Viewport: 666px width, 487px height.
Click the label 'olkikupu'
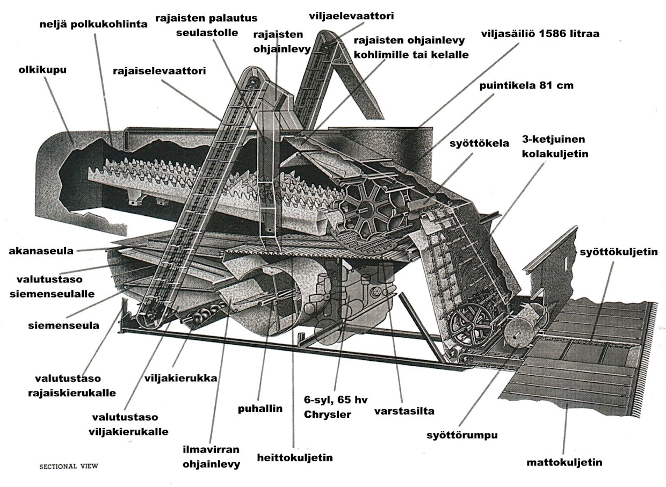[42, 70]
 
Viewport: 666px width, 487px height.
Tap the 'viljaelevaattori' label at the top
[351, 16]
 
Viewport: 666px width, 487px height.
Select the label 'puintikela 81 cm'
[526, 85]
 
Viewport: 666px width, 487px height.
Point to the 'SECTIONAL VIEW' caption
[69, 466]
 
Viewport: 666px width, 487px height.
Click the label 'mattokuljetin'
[564, 463]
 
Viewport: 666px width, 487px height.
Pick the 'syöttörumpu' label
[462, 435]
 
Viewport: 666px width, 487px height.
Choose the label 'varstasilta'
[404, 411]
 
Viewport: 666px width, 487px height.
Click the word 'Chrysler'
[327, 415]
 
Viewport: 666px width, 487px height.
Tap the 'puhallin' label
[260, 409]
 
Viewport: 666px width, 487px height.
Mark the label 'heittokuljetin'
[295, 457]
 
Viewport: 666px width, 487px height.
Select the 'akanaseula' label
[41, 251]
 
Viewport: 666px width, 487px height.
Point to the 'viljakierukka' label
[181, 379]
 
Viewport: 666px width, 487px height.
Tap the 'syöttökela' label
[479, 143]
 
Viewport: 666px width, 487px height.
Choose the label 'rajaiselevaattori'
[160, 71]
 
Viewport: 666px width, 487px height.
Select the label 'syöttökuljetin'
[619, 252]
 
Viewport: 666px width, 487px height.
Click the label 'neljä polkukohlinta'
[93, 24]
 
